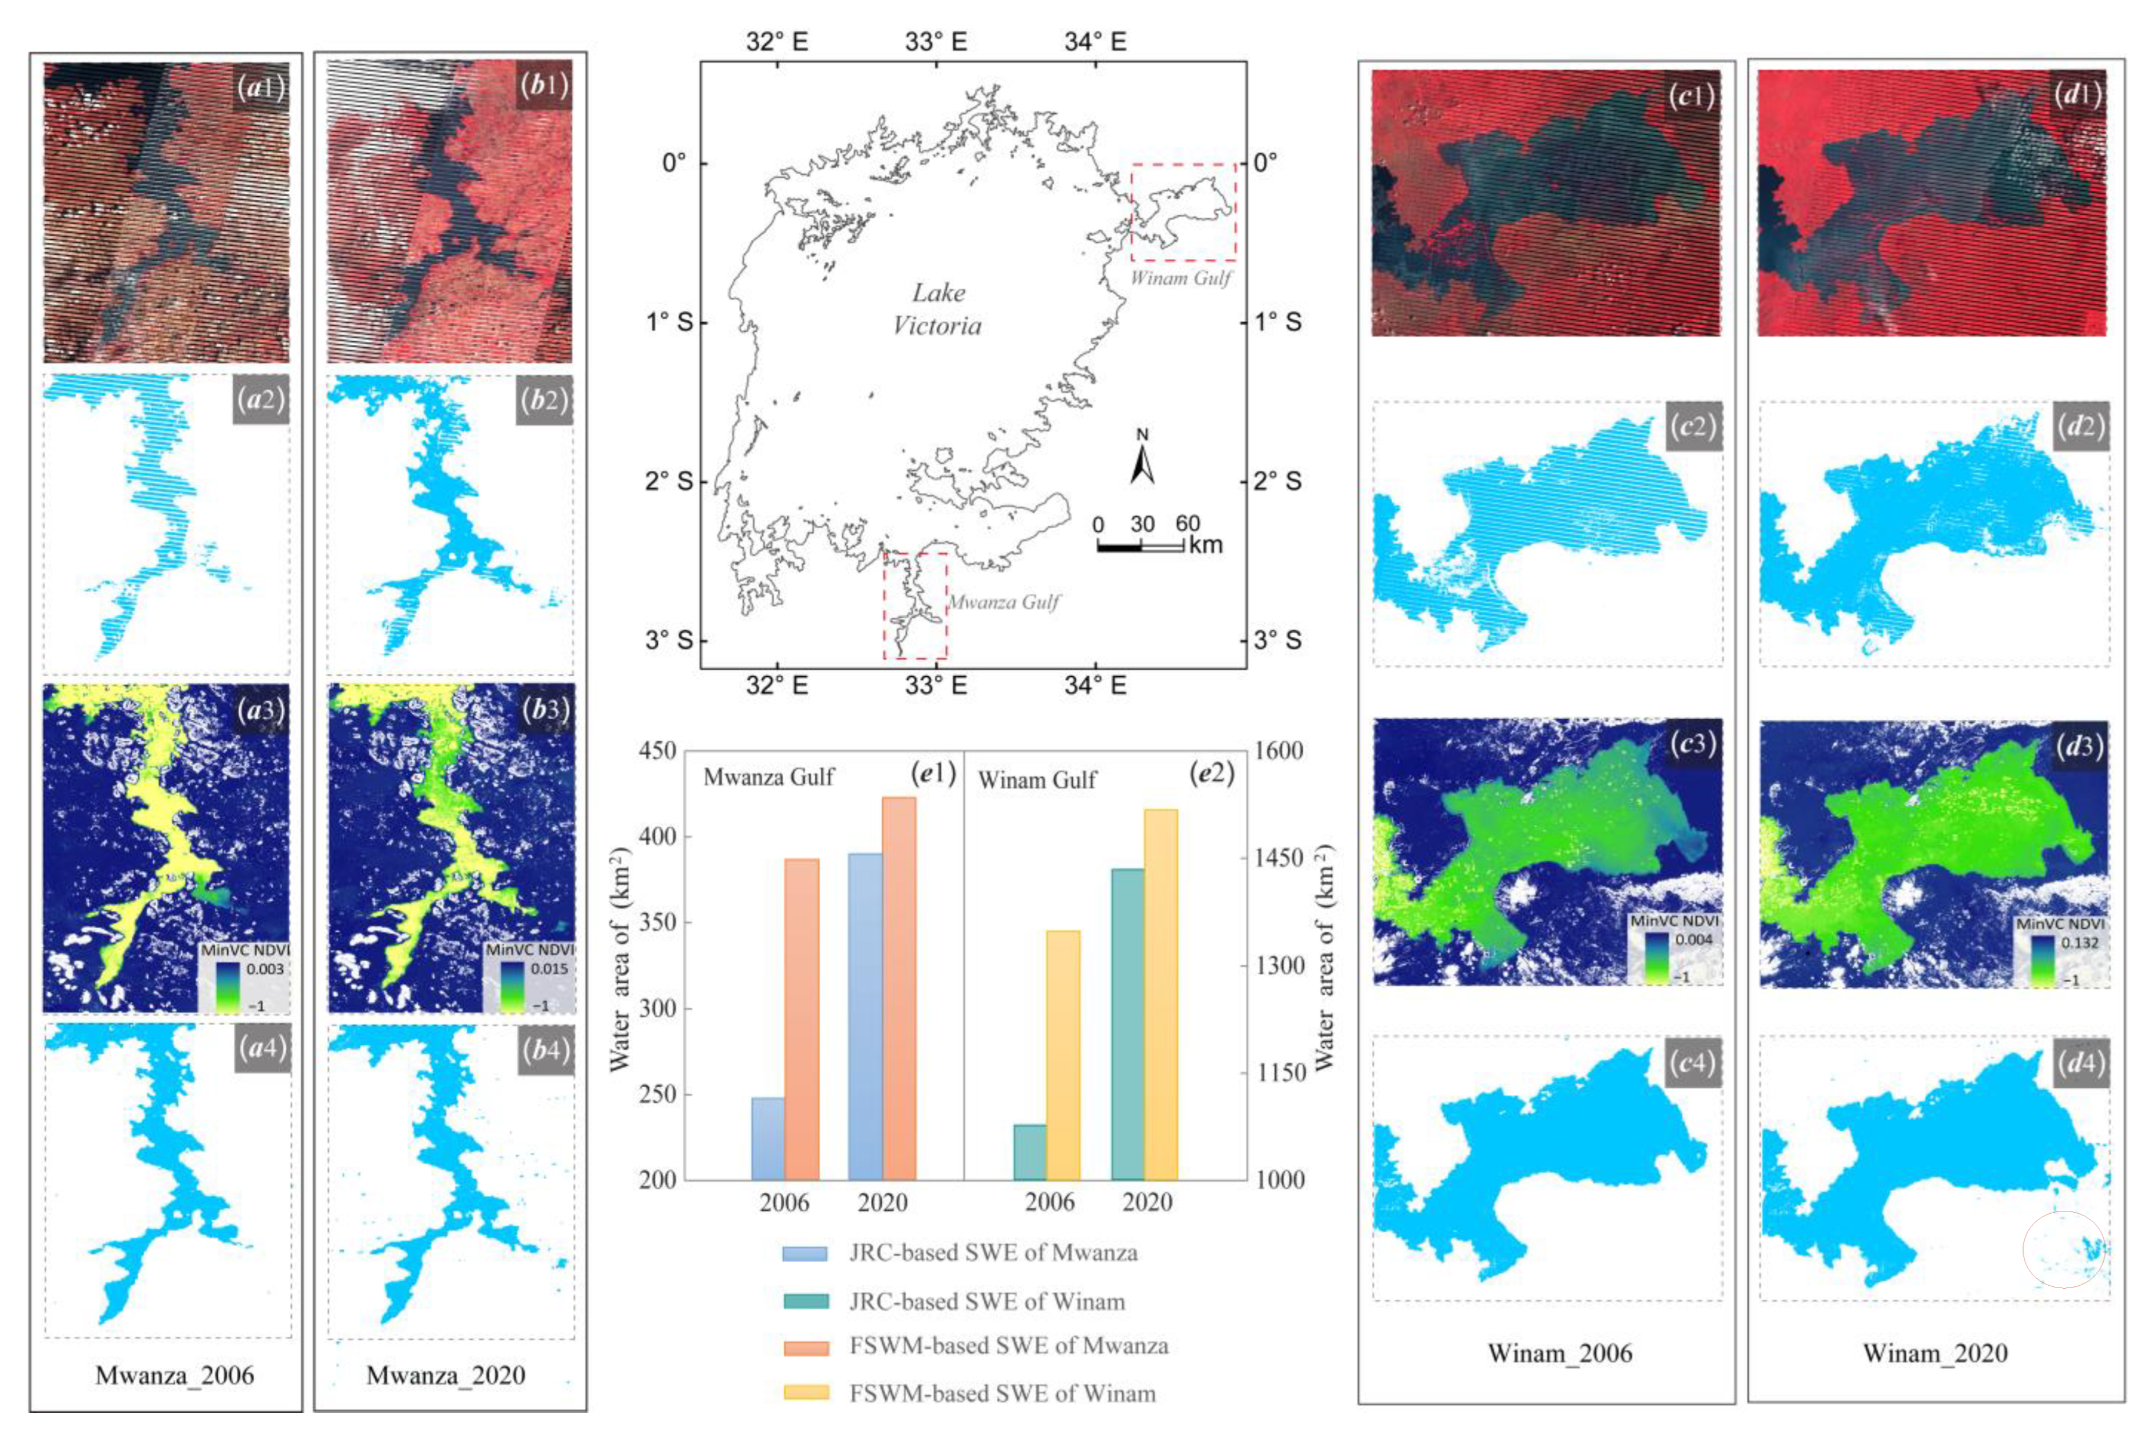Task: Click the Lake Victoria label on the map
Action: (937, 309)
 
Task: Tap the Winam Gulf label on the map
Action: (1180, 277)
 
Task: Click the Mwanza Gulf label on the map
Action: (1003, 602)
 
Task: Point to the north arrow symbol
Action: (1142, 458)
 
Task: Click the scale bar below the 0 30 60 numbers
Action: (1140, 548)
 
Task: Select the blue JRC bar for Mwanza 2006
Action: (767, 1138)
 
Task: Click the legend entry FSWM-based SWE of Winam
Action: (1001, 1393)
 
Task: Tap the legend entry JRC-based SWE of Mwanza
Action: (992, 1253)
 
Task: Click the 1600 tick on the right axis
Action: (1280, 751)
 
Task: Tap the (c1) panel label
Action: (1690, 95)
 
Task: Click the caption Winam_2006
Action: (1559, 1353)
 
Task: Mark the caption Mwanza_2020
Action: (446, 1375)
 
